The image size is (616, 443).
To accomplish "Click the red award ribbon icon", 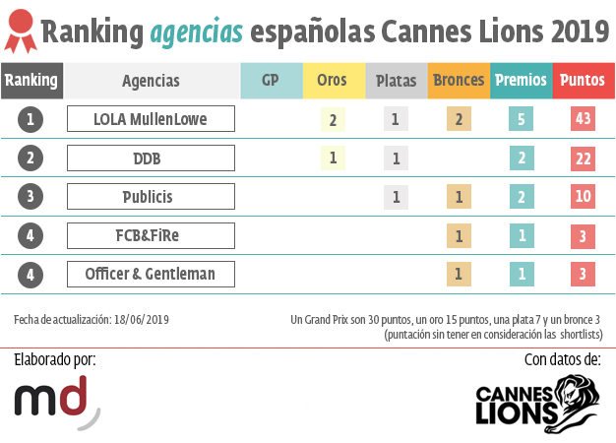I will tap(21, 32).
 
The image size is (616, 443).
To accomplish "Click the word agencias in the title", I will tap(197, 32).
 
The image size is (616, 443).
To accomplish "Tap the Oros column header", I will tap(332, 81).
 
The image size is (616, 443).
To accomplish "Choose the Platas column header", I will tap(396, 81).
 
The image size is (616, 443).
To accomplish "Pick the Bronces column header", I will tap(459, 81).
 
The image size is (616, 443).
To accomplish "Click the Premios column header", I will tap(522, 81).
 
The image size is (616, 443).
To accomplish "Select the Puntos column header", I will tap(584, 81).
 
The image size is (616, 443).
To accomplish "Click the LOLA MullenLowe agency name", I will tap(151, 119).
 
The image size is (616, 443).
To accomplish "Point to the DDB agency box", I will tap(151, 158).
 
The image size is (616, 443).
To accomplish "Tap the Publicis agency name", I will tap(151, 196).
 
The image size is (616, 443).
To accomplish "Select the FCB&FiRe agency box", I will tap(151, 235).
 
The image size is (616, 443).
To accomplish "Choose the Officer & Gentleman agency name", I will tap(151, 274).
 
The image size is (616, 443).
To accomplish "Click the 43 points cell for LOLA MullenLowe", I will tap(583, 119).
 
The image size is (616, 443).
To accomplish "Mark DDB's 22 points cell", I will tap(583, 158).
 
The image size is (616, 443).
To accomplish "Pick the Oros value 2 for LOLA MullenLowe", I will tap(333, 119).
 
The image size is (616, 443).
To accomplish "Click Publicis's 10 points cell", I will tap(583, 196).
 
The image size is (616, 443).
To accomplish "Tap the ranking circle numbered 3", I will tap(31, 196).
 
